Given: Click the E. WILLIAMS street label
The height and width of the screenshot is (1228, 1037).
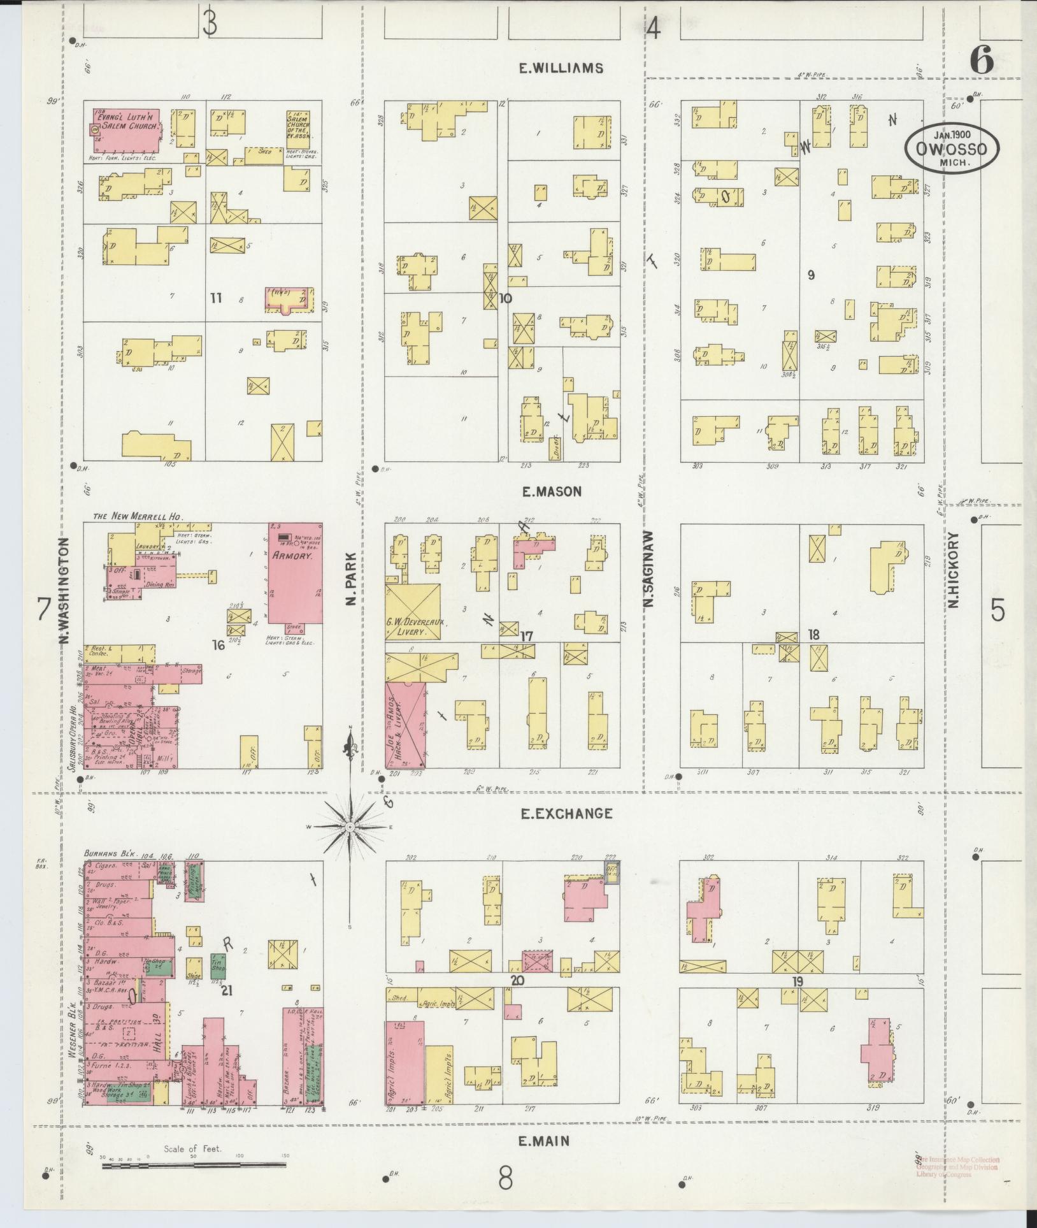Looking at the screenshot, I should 561,68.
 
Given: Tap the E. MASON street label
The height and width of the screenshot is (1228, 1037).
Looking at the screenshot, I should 552,491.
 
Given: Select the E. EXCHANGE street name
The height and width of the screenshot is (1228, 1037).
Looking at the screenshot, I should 566,813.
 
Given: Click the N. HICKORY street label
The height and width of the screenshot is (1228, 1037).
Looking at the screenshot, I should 953,570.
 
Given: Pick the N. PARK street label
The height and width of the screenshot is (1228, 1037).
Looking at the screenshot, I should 351,579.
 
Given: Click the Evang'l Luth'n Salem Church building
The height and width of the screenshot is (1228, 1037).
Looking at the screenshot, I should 124,129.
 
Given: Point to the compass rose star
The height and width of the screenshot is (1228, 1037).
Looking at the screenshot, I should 350,827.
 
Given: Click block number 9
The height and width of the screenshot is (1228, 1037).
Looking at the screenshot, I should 810,275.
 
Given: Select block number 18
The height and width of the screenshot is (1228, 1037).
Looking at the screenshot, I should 813,634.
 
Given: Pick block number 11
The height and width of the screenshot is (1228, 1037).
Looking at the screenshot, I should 215,298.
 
